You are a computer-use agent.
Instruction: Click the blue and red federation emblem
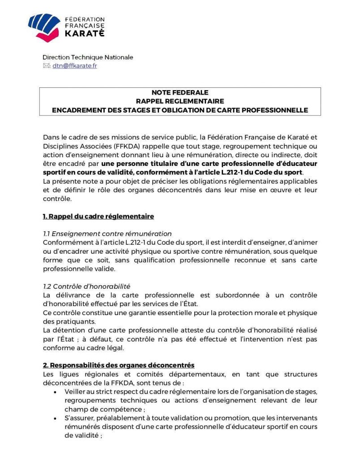coord(44,27)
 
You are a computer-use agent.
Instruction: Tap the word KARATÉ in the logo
coord(85,33)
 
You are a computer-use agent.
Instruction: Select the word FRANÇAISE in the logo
coord(85,26)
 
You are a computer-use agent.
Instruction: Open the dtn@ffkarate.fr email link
coord(75,66)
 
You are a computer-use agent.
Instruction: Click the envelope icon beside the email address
coord(47,66)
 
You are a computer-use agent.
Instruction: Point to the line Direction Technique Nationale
coord(88,57)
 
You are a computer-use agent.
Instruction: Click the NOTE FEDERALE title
coord(180,93)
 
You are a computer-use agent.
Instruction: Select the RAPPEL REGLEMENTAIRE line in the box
coord(180,101)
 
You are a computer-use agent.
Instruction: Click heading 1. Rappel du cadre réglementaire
coord(99,217)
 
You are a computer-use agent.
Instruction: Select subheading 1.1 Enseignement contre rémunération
coord(107,234)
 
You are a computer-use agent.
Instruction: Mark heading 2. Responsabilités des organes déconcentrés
coord(119,365)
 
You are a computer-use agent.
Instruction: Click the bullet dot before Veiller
coord(55,392)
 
